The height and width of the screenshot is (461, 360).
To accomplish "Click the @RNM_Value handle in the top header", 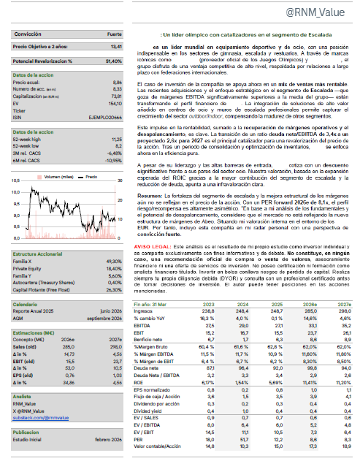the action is tap(319, 13).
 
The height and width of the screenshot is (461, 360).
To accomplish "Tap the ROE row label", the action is tap(140, 382).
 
